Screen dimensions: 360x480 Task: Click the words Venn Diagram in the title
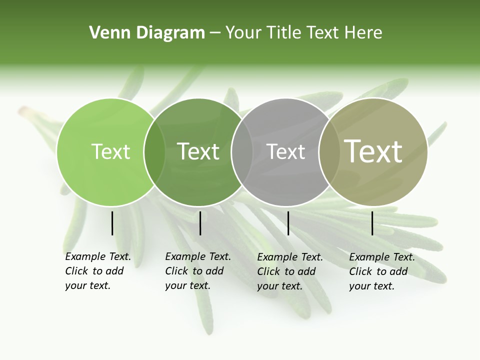(x=147, y=33)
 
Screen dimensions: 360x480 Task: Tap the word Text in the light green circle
(x=111, y=151)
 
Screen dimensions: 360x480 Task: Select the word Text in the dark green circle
(x=198, y=151)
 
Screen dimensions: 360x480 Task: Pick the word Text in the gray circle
(x=286, y=151)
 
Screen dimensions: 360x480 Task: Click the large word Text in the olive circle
(x=373, y=151)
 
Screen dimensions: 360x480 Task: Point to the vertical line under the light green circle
(x=112, y=223)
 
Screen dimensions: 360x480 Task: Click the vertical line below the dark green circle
(x=200, y=223)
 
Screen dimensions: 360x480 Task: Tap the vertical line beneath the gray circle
(x=288, y=223)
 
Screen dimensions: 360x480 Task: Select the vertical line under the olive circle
(x=372, y=223)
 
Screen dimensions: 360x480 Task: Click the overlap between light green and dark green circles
(x=154, y=152)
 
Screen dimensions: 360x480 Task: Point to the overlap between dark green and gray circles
(x=242, y=152)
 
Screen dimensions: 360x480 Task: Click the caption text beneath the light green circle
(x=98, y=271)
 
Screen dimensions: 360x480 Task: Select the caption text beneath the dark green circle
(x=198, y=271)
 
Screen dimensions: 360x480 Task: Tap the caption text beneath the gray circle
(x=290, y=271)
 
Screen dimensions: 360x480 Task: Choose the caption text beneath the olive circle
(x=382, y=271)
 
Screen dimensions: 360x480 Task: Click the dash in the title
(x=215, y=33)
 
